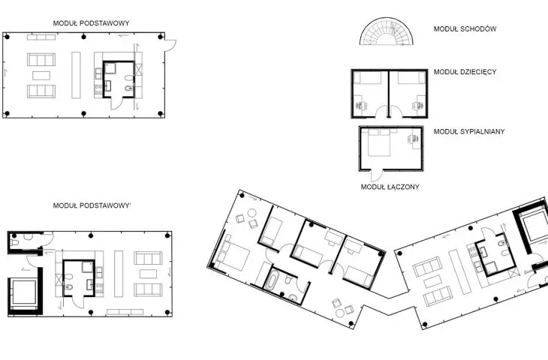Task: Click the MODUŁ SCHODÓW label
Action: (x=465, y=29)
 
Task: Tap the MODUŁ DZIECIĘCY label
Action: (x=465, y=72)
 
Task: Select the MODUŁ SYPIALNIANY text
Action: (x=469, y=132)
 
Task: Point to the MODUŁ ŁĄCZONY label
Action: (x=390, y=187)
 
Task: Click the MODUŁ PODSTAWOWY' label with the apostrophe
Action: (x=92, y=205)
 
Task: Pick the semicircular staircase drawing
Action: (x=386, y=31)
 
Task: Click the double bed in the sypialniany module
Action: (x=379, y=142)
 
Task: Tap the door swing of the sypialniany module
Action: (x=376, y=175)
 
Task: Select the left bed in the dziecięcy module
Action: (x=367, y=77)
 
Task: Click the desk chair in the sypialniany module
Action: (x=411, y=139)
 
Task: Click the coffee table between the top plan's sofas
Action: (x=41, y=76)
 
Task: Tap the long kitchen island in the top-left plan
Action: (x=76, y=75)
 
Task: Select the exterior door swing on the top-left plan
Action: (x=170, y=46)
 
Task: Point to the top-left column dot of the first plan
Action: (x=7, y=37)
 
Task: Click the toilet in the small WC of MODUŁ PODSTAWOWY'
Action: (x=14, y=242)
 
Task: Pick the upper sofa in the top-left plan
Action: (x=41, y=59)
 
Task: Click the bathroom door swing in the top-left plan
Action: (x=116, y=103)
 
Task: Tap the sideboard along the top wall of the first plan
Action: (x=41, y=37)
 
